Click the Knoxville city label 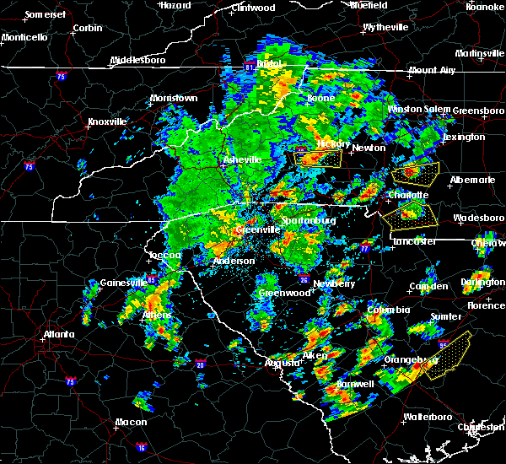point(108,121)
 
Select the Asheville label point(242,159)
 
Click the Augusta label point(283,363)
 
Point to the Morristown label point(174,98)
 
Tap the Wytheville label point(385,27)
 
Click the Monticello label point(24,37)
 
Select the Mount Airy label point(433,70)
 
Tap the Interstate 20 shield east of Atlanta point(201,364)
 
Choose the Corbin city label point(87,28)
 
